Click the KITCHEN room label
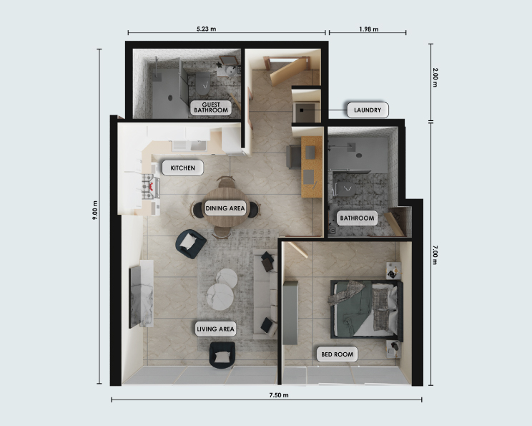[x=182, y=168]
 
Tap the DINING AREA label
[x=225, y=208]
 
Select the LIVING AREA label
[x=215, y=329]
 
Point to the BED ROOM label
[x=338, y=354]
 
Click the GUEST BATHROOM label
[x=211, y=107]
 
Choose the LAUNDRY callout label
[x=368, y=110]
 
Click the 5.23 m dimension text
[x=206, y=29]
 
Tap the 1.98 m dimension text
[x=369, y=29]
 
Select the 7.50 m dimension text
[x=279, y=395]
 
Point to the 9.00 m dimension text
[x=95, y=210]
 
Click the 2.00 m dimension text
[x=435, y=77]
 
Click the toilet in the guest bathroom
[x=203, y=83]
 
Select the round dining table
[x=225, y=207]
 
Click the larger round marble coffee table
[x=220, y=297]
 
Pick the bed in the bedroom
[x=366, y=309]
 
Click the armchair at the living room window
[x=222, y=355]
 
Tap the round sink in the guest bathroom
[x=232, y=72]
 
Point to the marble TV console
[x=141, y=294]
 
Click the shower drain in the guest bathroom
[x=170, y=98]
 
